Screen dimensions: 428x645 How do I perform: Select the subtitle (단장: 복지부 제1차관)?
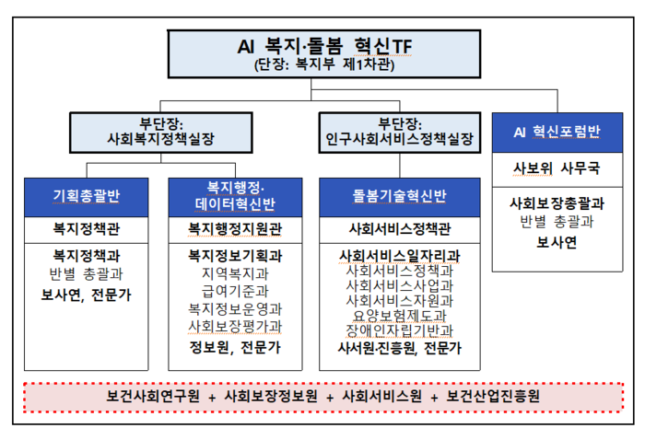pos(322,64)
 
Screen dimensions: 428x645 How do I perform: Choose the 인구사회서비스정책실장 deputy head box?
pos(399,131)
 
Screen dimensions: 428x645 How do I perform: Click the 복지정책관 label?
pos(88,226)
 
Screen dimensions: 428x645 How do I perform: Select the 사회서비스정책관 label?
pos(399,226)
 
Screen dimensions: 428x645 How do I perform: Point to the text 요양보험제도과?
pos(399,316)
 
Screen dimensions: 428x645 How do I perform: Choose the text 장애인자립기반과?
pos(399,330)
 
